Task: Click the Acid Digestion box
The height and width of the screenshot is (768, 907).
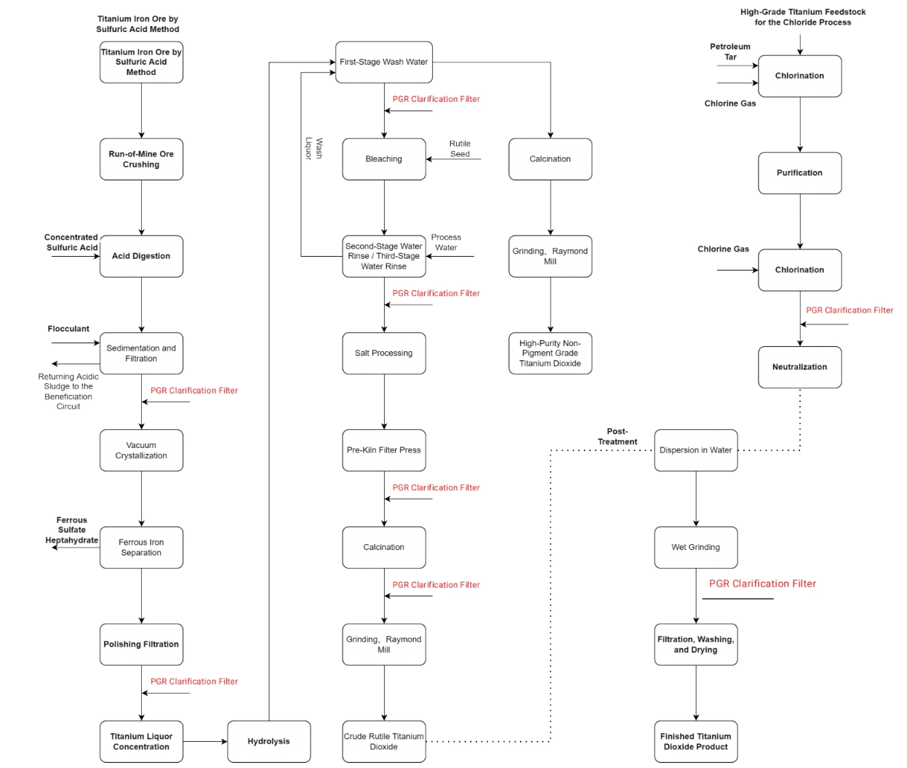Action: pos(141,256)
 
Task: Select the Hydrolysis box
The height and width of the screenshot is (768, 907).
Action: pos(268,741)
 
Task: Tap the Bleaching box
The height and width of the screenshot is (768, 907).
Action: pos(383,159)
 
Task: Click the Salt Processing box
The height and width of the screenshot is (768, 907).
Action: pos(383,353)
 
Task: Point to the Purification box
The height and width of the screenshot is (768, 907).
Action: pos(799,173)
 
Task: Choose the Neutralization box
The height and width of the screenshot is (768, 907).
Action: pos(799,367)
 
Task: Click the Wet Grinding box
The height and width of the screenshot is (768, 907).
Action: pos(695,547)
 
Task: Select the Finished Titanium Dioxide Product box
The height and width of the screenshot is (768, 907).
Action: pos(695,741)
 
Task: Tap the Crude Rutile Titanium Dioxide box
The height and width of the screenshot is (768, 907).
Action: pos(383,741)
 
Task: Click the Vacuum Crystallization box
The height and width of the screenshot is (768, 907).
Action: pos(141,450)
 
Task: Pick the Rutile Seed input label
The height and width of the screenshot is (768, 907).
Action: pos(460,148)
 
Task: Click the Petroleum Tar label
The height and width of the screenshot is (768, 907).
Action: pos(730,52)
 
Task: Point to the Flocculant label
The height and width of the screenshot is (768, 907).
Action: pos(68,329)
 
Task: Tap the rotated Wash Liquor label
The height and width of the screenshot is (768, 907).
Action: pos(313,149)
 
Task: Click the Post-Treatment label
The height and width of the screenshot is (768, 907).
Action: pos(618,436)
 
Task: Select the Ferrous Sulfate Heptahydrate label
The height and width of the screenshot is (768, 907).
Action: pos(71,530)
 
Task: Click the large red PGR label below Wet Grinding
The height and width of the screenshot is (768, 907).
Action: pos(762,583)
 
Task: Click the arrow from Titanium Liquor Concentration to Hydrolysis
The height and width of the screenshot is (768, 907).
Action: pos(205,741)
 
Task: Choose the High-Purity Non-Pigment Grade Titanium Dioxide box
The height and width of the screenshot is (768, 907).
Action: pos(550,353)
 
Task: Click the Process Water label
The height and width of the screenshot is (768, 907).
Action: pos(446,242)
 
